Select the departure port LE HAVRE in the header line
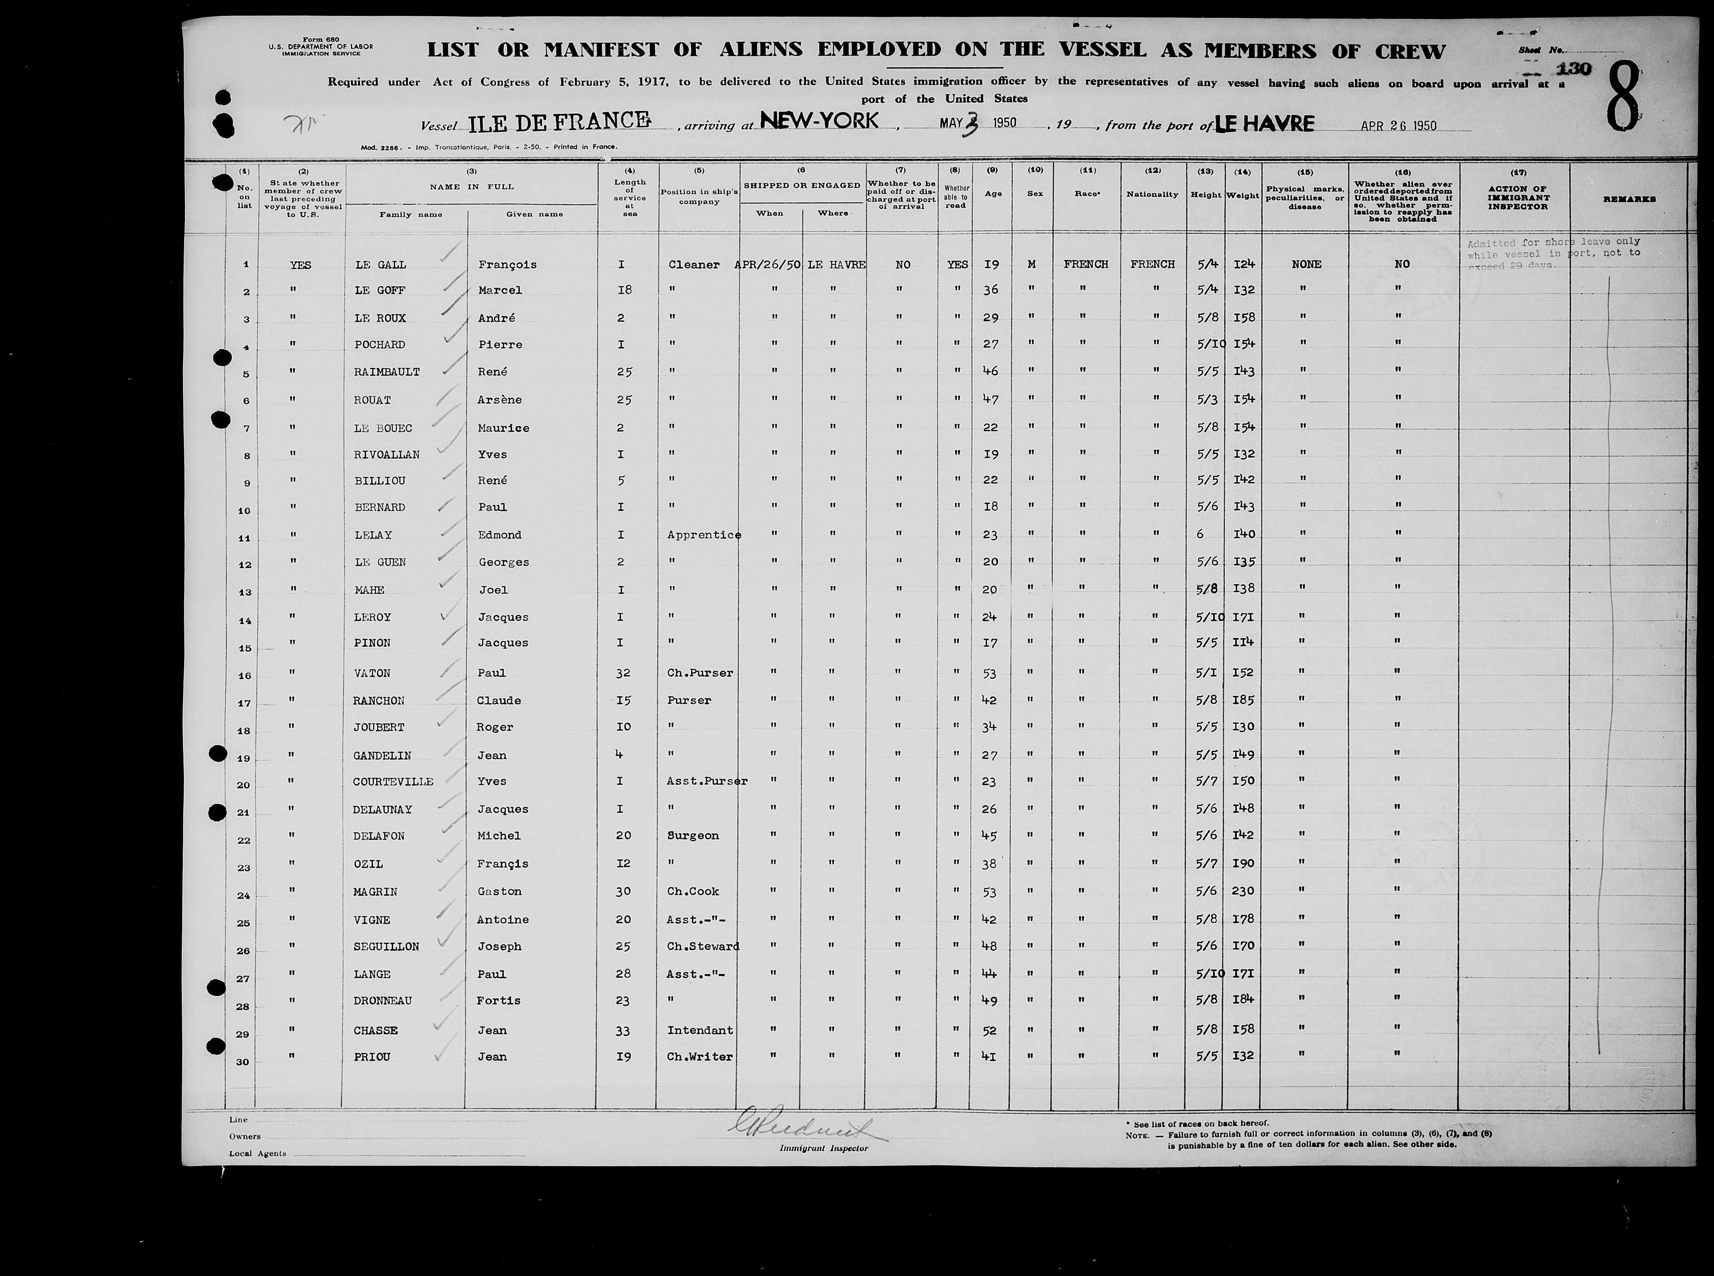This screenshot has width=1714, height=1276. click(x=1264, y=123)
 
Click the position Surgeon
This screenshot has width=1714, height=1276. click(x=692, y=836)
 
